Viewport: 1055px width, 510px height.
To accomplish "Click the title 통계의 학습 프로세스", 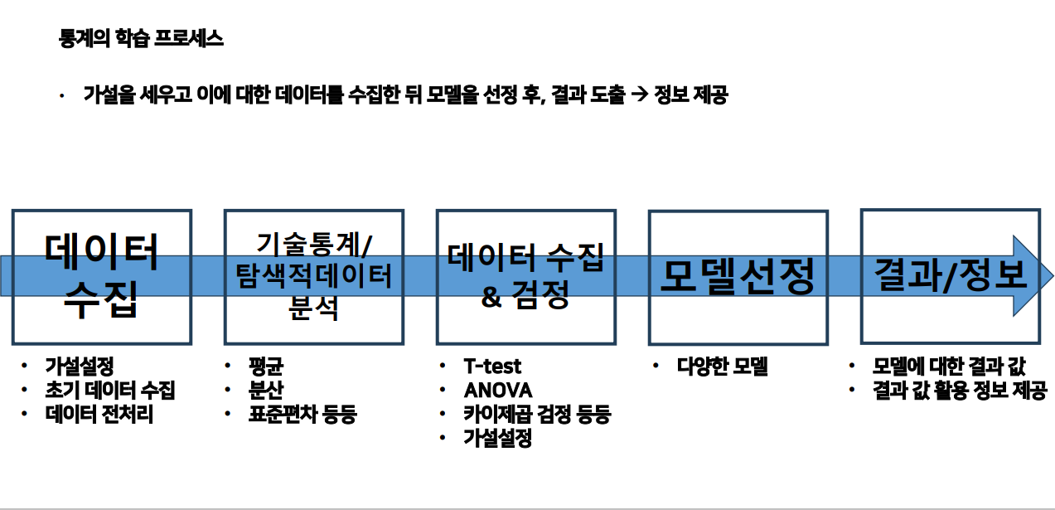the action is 141,39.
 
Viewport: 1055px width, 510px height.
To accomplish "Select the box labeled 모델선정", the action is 738,277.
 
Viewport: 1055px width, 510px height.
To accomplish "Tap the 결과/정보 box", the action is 950,274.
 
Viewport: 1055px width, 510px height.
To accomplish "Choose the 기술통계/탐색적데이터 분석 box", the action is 313,276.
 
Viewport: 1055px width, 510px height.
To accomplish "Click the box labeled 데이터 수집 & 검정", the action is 525,276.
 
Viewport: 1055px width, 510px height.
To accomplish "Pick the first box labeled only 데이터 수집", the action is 101,276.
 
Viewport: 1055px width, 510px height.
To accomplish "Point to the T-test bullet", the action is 492,366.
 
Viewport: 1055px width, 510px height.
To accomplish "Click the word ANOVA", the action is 497,390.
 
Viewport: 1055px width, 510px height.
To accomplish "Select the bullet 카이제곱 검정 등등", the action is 536,414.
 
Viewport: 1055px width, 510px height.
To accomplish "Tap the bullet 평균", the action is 265,366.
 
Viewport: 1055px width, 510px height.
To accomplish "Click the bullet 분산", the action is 265,390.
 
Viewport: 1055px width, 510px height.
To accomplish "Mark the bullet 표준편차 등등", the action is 302,414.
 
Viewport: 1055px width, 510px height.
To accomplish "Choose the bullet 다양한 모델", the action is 722,366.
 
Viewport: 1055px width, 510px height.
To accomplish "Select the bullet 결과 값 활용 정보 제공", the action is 959,390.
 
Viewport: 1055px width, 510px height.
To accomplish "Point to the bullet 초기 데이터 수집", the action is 109,390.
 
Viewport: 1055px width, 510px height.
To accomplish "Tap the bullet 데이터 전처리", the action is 99,414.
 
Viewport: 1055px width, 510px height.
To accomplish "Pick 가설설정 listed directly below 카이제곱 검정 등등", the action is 497,438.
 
